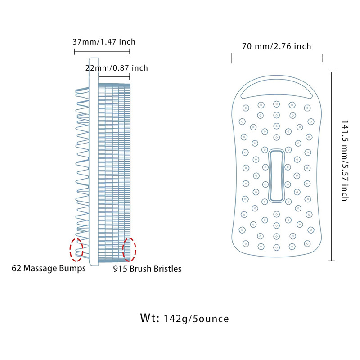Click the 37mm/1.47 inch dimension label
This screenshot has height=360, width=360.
(x=104, y=42)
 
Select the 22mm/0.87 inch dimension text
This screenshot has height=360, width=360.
(x=117, y=68)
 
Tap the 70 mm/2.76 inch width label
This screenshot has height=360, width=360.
(x=277, y=46)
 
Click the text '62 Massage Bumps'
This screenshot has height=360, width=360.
(x=49, y=269)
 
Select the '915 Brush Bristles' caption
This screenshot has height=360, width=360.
(x=147, y=269)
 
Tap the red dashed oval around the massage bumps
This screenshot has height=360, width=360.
(x=76, y=249)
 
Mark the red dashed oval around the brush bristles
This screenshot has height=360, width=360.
(x=130, y=249)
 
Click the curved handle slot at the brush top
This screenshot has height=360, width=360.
(x=277, y=90)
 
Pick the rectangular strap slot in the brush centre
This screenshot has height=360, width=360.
(x=276, y=175)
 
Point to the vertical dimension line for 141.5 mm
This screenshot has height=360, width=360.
(x=332, y=166)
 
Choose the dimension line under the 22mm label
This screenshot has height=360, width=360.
(x=114, y=77)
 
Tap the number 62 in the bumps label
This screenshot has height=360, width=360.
(x=16, y=269)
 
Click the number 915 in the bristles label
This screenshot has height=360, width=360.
(x=119, y=269)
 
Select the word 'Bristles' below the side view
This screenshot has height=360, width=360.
(x=166, y=269)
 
